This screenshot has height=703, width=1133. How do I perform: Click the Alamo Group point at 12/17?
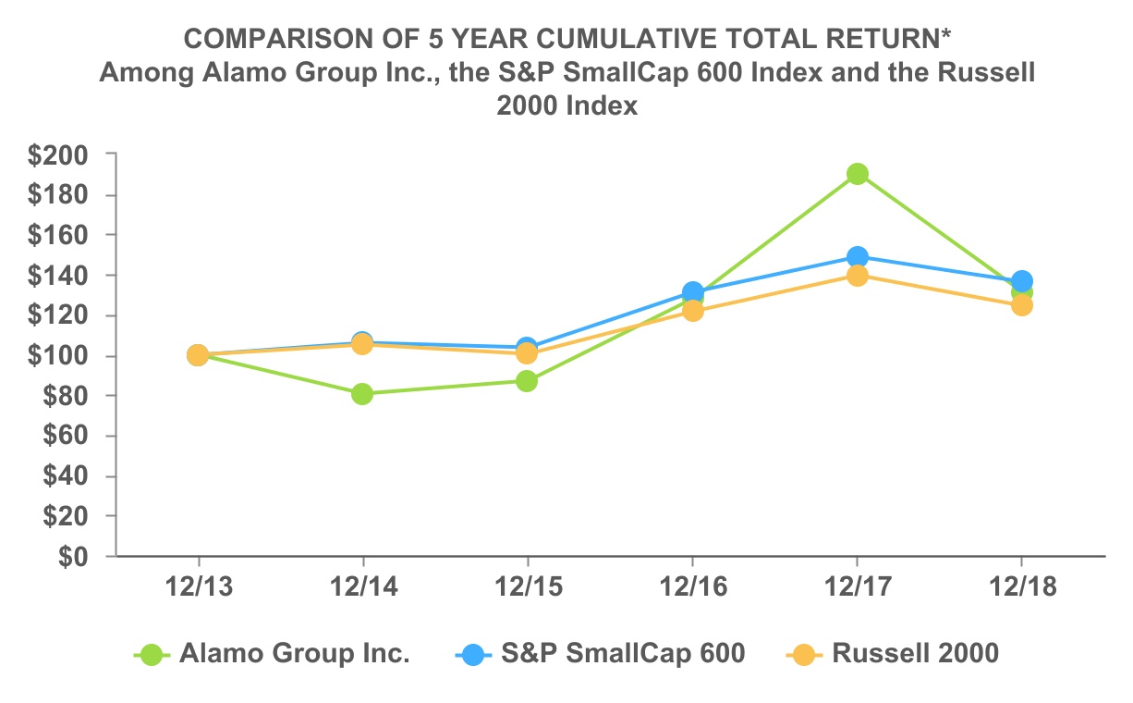pos(857,174)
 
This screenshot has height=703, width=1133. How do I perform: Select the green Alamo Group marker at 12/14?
pos(362,394)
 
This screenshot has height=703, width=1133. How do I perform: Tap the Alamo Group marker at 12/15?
pos(527,381)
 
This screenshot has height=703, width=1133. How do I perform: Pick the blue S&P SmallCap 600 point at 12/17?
pos(857,256)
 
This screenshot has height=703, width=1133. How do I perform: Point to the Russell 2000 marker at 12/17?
pos(857,276)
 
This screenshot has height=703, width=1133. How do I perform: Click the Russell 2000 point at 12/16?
pos(692,311)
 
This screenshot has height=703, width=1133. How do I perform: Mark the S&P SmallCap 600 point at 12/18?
pos(1021,280)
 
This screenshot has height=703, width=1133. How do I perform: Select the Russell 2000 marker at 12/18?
pos(1021,306)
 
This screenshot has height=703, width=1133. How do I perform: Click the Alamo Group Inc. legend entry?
pos(294,654)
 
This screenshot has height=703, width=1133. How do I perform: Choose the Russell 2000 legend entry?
pos(915,654)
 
